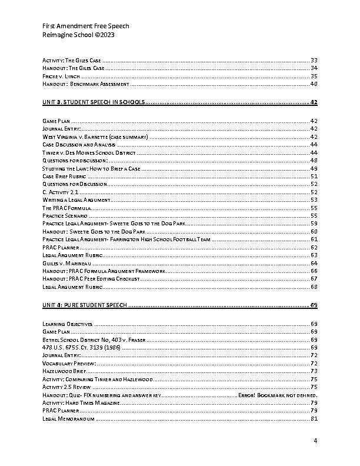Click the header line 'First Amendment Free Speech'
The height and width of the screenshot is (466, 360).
[85, 26]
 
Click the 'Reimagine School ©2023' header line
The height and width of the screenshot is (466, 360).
[78, 35]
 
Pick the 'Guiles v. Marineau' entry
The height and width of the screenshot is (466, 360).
[66, 264]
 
